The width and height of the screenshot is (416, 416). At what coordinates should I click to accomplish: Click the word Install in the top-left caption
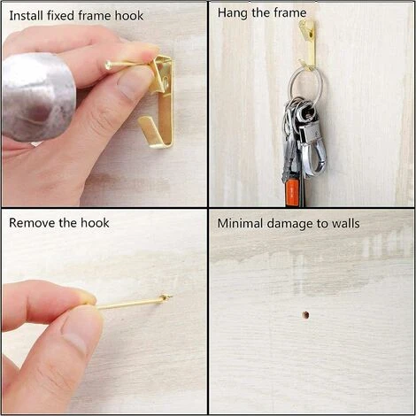tap(26, 16)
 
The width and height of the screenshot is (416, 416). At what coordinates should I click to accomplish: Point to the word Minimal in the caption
tap(240, 223)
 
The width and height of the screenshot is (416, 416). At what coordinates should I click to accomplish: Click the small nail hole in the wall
tap(305, 315)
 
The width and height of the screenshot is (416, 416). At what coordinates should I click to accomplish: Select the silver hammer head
tap(37, 97)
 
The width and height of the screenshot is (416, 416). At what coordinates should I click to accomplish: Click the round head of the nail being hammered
tap(108, 65)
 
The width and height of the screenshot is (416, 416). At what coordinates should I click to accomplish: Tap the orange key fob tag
tap(291, 192)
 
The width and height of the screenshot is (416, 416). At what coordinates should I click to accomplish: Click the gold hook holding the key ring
tap(308, 44)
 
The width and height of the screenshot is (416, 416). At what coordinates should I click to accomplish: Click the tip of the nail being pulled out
tap(171, 297)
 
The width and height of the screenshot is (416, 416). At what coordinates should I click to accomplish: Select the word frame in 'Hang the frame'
tap(290, 13)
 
